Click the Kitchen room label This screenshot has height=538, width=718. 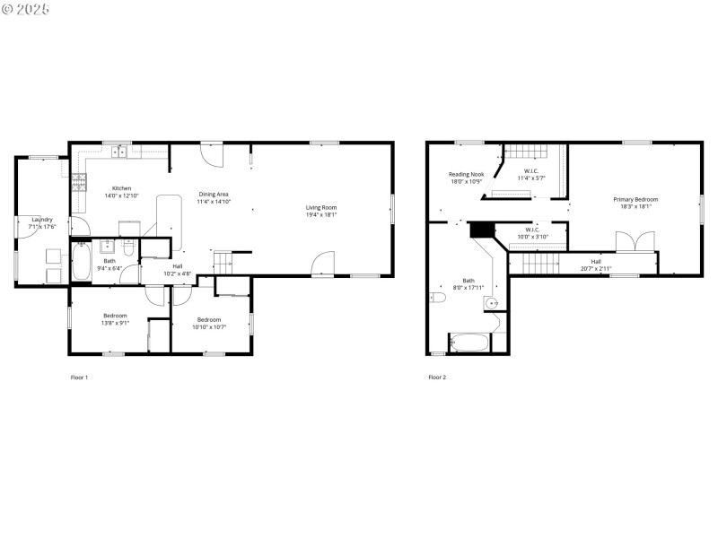coord(122,188)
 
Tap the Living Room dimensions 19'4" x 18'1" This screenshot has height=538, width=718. coord(320,215)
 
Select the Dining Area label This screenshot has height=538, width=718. coord(214,195)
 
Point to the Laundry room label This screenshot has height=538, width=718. coord(41,220)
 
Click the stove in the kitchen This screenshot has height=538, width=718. coord(79,183)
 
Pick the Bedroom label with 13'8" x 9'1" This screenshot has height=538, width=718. coord(115,316)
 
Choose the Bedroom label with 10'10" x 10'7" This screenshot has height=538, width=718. coord(209,320)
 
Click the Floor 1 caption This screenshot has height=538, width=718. coord(79,377)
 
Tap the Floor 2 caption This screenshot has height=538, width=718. coord(437,377)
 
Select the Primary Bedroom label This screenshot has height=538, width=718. coord(635,199)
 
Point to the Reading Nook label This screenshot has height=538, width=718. coord(466,174)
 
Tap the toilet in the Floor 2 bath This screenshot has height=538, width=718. coord(439,297)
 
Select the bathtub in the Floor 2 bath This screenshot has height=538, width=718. coord(468,343)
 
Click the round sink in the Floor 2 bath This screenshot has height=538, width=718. coord(492,304)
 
